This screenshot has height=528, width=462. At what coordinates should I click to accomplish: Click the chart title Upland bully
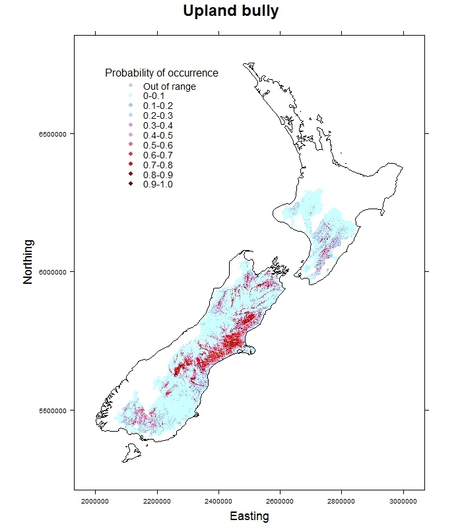[x=231, y=12]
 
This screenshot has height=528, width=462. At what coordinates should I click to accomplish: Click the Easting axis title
[x=249, y=516]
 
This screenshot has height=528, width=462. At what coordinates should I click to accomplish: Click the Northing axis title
[x=28, y=271]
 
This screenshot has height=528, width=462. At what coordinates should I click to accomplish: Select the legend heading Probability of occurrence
[x=162, y=73]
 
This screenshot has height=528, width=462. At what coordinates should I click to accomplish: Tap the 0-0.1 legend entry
[x=154, y=96]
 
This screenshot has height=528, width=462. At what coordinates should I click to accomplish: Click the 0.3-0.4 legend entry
[x=158, y=125]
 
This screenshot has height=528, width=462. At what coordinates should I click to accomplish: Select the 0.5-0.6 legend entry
[x=158, y=145]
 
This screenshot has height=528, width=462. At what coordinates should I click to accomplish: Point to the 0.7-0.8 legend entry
[x=158, y=164]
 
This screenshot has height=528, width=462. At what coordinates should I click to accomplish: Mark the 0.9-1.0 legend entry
[x=158, y=184]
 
